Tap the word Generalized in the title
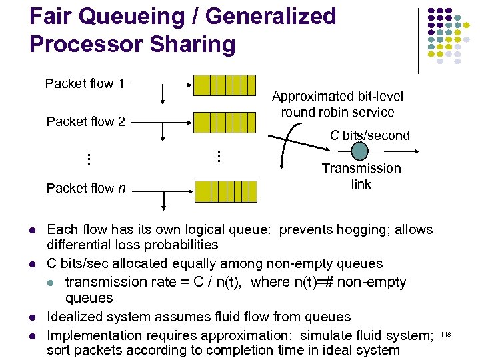click(x=267, y=16)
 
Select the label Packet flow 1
click(x=85, y=83)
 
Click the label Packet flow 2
click(x=85, y=121)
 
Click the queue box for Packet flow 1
click(x=225, y=85)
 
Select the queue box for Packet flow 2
click(x=225, y=123)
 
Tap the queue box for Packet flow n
click(x=225, y=191)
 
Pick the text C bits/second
click(x=370, y=135)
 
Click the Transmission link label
click(x=361, y=176)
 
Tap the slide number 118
click(x=446, y=333)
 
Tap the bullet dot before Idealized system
click(x=33, y=317)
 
